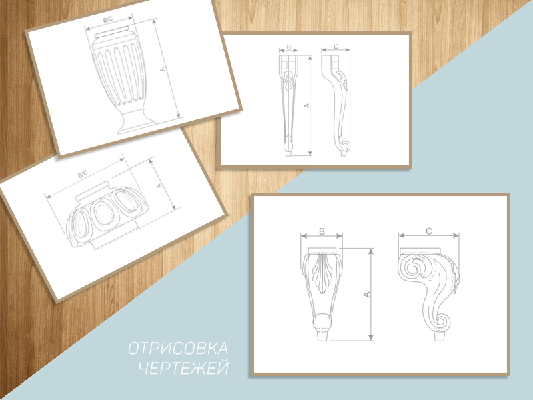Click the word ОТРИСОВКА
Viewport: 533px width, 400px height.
tap(178, 349)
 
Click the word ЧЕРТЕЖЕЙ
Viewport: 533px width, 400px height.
tap(184, 368)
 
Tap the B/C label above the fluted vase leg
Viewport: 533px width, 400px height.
tap(108, 20)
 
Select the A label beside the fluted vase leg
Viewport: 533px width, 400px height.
tap(162, 69)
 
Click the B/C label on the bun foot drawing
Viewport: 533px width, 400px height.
tap(83, 175)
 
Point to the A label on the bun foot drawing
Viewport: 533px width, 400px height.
tap(159, 186)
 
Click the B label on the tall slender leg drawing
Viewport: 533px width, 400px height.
tap(289, 47)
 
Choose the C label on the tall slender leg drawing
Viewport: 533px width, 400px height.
tap(336, 47)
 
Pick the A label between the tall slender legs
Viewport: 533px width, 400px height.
tap(307, 106)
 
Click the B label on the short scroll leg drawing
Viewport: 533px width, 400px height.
tap(322, 231)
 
